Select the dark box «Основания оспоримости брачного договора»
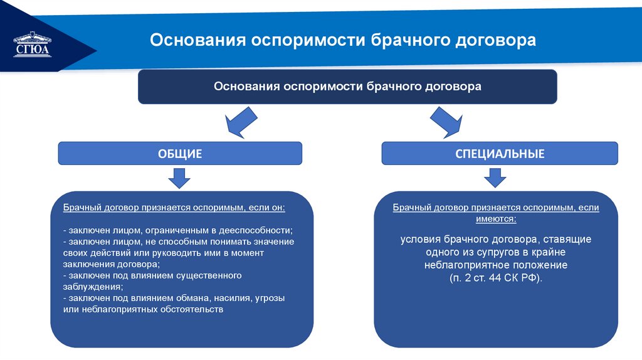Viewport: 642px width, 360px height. click(347, 87)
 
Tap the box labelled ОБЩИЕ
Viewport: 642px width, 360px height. click(180, 153)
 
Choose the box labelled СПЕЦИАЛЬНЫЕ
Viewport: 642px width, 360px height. click(500, 153)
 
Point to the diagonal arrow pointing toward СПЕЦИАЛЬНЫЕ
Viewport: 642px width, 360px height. click(447, 122)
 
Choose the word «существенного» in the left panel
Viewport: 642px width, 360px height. click(206, 275)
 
